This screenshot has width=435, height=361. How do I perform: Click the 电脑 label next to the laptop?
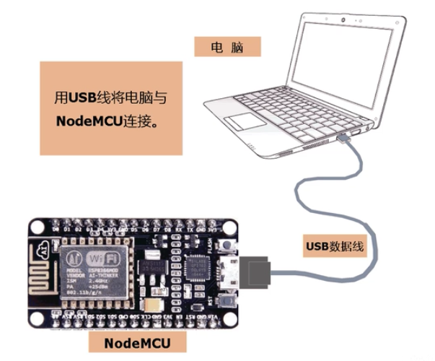click(x=227, y=47)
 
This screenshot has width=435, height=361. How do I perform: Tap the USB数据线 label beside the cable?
click(x=334, y=247)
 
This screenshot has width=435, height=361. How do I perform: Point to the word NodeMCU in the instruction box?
click(x=85, y=121)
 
